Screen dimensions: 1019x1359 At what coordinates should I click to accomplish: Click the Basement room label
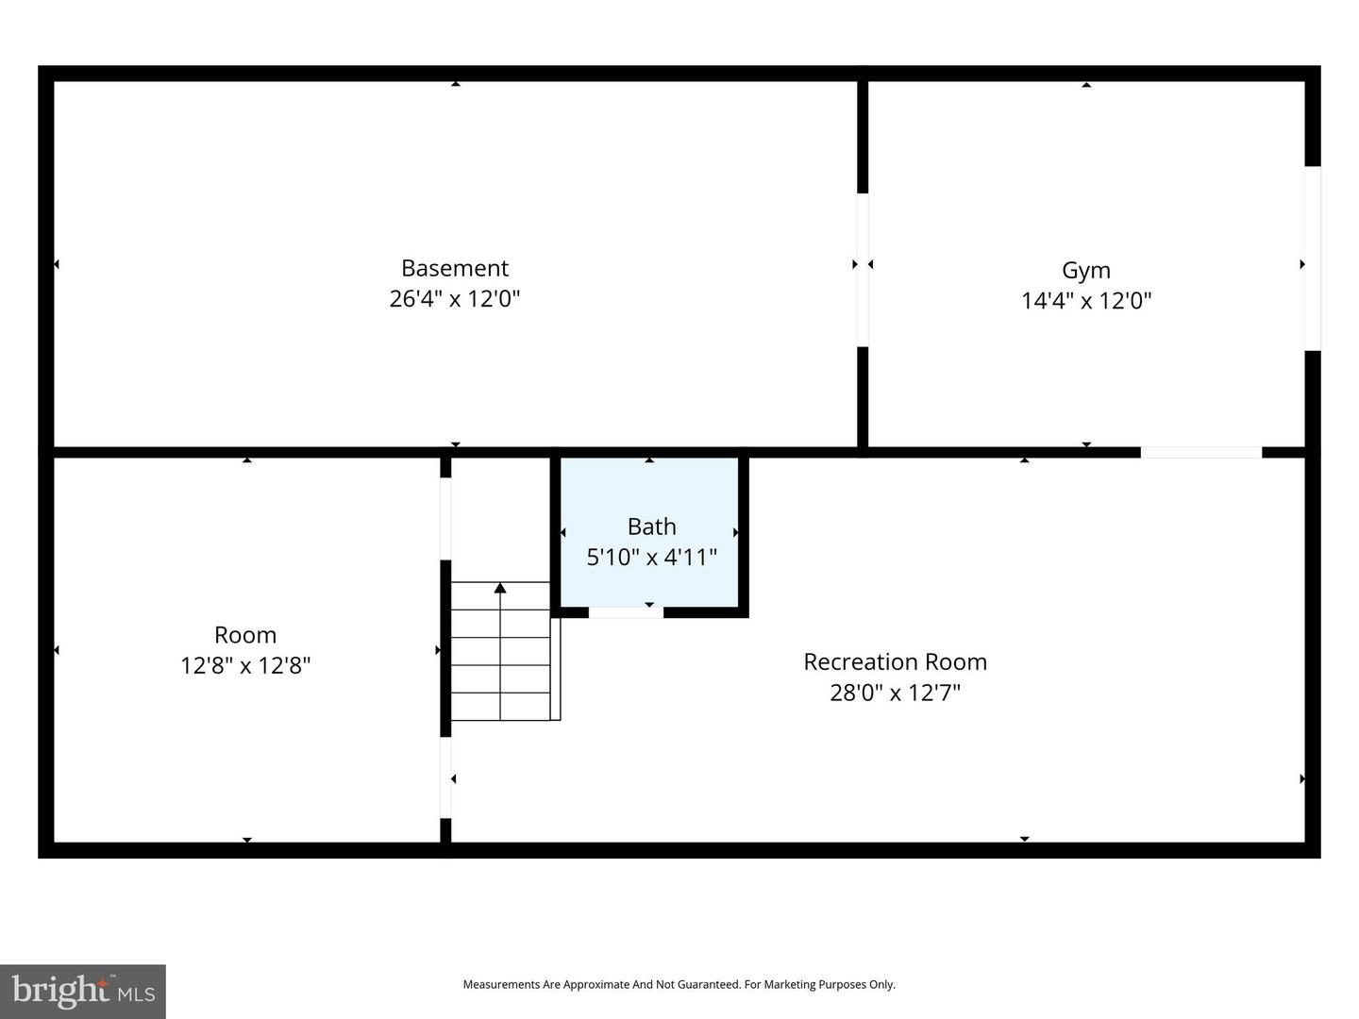455,268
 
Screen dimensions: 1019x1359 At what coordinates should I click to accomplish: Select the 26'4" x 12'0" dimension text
455,299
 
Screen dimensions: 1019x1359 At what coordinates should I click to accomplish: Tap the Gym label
1086,270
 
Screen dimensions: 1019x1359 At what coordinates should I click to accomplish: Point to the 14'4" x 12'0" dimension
1086,301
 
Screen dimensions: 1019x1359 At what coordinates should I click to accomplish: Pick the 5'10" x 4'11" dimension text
651,558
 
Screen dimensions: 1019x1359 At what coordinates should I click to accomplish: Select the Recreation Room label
895,662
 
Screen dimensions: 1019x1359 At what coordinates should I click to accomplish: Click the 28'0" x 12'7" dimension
895,693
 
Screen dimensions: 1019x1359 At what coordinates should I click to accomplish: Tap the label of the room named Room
245,635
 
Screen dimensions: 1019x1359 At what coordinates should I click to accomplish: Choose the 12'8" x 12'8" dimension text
245,666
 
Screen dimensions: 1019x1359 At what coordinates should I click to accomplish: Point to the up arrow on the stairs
500,590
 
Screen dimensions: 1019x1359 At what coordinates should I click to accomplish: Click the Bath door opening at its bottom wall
626,612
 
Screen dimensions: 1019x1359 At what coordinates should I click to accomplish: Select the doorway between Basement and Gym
863,270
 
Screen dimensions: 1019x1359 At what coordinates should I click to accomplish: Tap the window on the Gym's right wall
1313,259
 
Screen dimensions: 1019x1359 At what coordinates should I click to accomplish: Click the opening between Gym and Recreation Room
1200,453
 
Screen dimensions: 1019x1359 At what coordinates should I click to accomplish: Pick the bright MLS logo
83,991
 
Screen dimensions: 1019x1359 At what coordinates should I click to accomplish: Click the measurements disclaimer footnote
679,984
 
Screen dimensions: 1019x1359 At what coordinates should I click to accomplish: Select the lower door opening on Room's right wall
445,777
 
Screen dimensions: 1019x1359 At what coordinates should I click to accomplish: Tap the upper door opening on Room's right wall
445,519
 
